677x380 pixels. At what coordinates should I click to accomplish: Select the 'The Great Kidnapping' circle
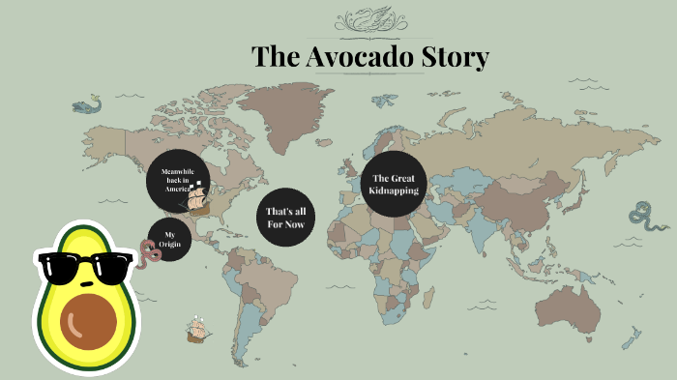pyautogui.click(x=395, y=185)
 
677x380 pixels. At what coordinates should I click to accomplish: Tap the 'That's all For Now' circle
pyautogui.click(x=285, y=217)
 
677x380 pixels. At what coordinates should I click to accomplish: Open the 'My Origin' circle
pyautogui.click(x=170, y=240)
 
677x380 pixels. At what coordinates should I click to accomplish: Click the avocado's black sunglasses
pyautogui.click(x=82, y=267)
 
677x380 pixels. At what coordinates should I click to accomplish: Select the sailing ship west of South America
pyautogui.click(x=197, y=330)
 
